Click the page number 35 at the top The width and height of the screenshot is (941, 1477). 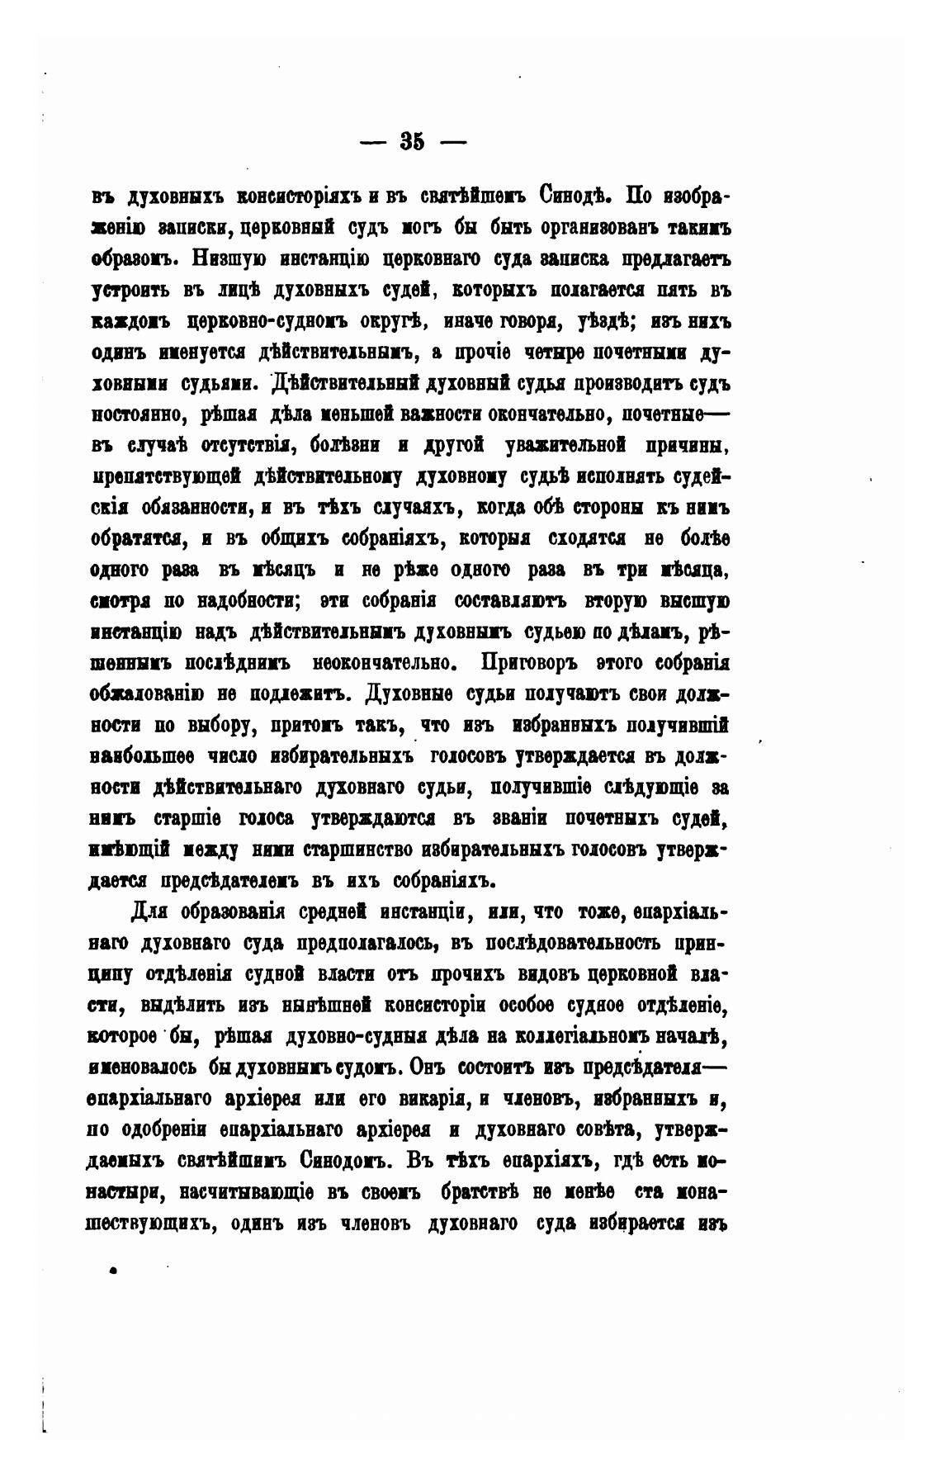(x=412, y=141)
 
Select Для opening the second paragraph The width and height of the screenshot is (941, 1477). (x=149, y=912)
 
